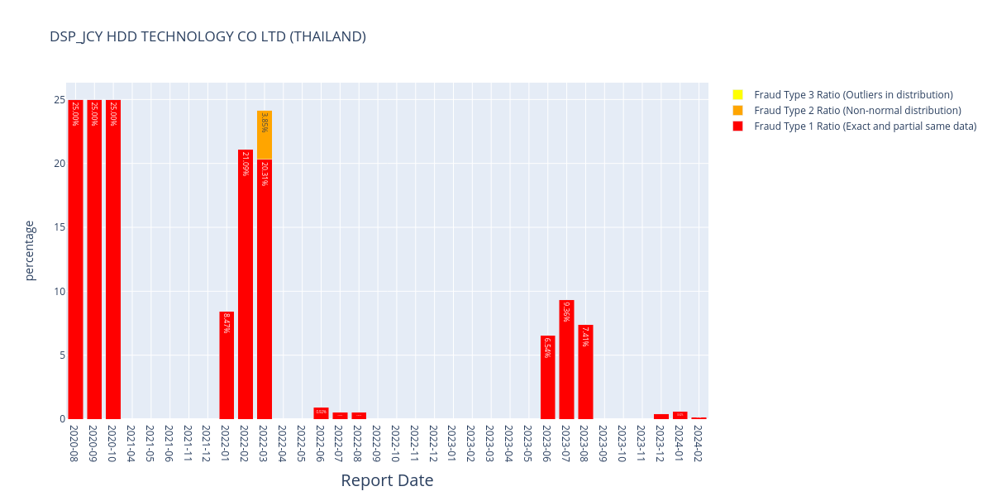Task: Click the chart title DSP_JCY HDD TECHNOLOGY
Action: click(207, 36)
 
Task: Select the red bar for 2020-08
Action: click(75, 265)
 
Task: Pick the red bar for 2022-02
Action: click(246, 289)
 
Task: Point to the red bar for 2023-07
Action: click(566, 364)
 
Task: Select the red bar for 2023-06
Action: click(547, 380)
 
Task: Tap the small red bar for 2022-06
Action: click(321, 413)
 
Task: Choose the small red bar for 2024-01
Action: click(680, 415)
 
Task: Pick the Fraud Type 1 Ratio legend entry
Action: click(865, 126)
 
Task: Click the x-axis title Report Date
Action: click(387, 480)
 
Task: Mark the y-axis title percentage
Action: click(30, 250)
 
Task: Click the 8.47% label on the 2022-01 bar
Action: click(227, 323)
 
